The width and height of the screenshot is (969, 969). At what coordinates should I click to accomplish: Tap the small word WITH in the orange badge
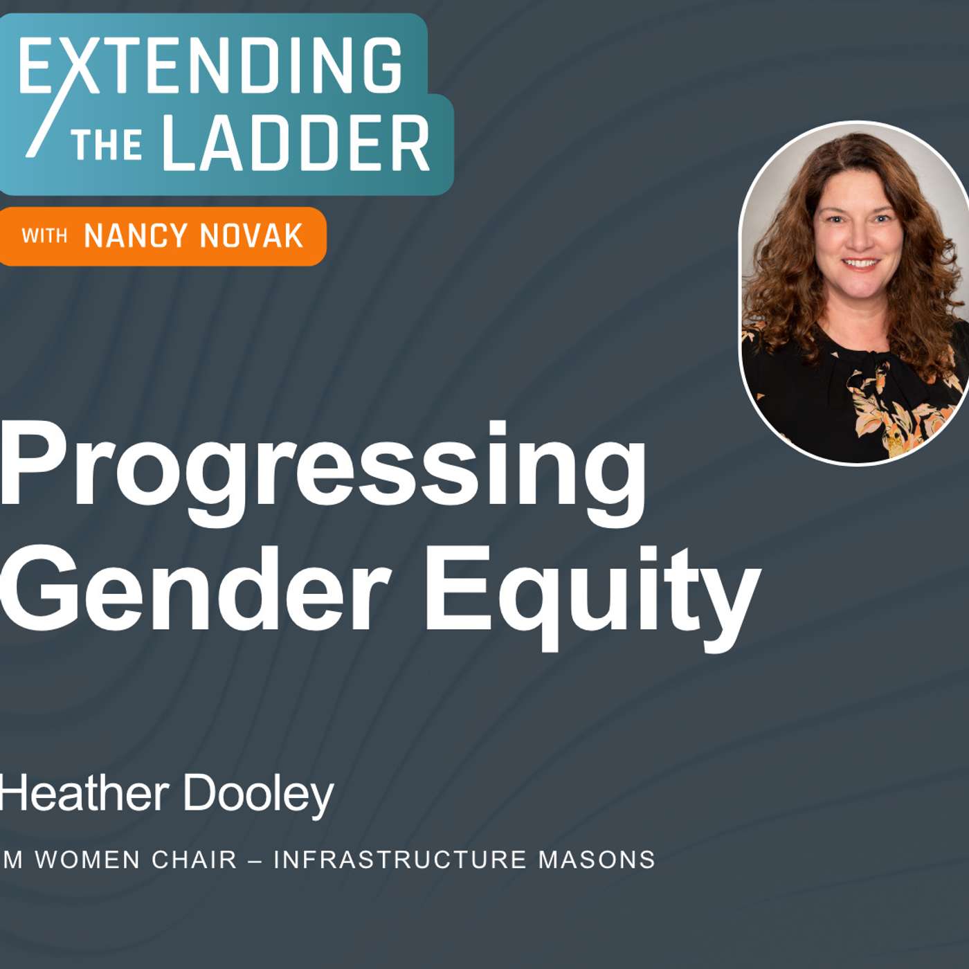[44, 236]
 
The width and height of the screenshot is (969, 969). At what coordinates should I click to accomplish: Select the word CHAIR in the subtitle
[194, 860]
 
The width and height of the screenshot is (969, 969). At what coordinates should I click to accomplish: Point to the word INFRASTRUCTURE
[400, 860]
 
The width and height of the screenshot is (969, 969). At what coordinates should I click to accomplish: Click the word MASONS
[597, 860]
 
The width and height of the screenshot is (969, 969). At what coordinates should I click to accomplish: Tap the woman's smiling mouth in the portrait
[860, 264]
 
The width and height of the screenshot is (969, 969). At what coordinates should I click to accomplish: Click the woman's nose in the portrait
[858, 239]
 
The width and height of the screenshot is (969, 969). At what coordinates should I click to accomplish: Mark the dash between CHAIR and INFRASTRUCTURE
[255, 860]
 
